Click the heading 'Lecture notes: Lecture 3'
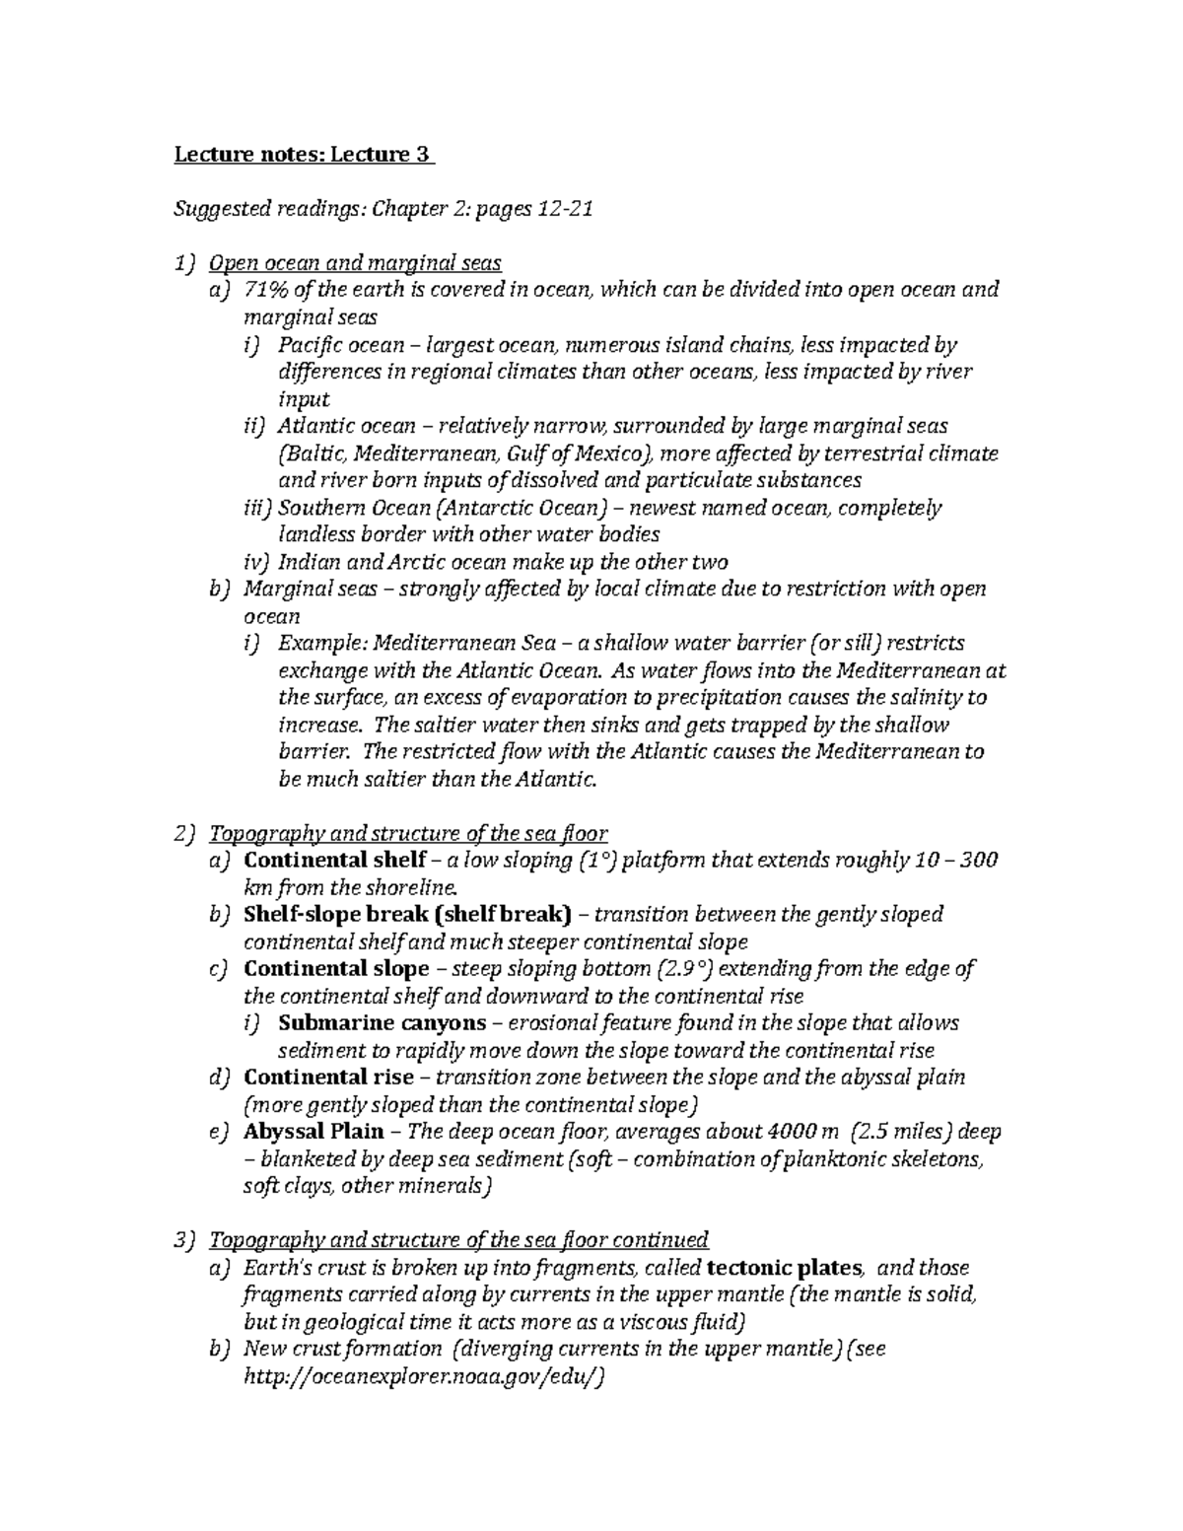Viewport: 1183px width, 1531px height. coord(303,155)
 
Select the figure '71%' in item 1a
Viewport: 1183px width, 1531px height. coord(265,290)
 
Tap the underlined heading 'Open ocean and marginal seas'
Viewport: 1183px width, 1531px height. coord(356,263)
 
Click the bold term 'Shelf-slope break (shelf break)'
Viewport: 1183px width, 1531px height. coord(406,915)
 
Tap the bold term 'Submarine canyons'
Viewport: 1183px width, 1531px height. coord(383,1023)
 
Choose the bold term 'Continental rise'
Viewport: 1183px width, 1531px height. coord(328,1078)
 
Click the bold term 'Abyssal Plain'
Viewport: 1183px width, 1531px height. coord(313,1132)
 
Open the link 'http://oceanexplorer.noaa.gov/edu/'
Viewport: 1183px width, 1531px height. coord(422,1377)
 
